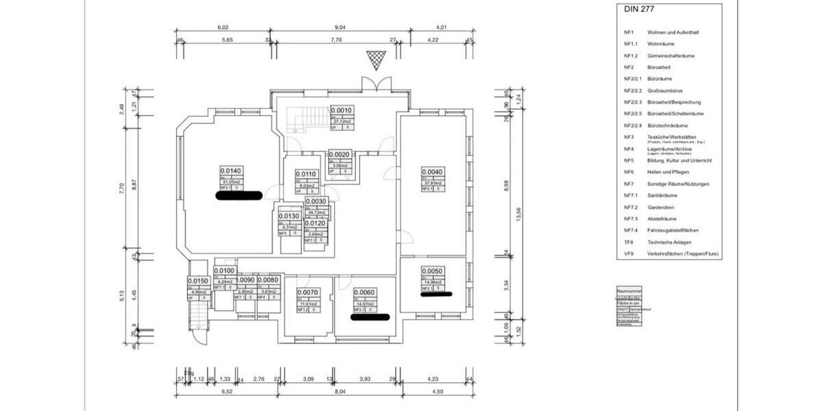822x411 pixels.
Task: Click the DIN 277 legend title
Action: coord(639,10)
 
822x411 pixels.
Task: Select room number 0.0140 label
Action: coord(231,171)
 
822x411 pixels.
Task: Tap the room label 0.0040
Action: coord(432,172)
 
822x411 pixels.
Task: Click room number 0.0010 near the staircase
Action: coord(341,110)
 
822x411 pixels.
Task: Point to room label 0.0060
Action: coord(364,292)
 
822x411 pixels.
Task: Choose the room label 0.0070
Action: coord(307,292)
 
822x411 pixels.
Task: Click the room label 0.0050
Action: coord(432,271)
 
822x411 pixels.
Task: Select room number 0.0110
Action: coord(306,174)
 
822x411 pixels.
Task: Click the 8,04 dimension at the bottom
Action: coord(340,392)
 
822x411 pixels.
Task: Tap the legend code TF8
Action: coord(629,242)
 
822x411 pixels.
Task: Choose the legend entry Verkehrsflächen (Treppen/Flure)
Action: coord(683,253)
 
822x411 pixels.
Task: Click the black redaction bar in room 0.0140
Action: coord(239,195)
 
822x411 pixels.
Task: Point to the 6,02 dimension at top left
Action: coord(222,28)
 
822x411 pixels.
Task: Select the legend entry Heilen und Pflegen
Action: coord(666,172)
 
